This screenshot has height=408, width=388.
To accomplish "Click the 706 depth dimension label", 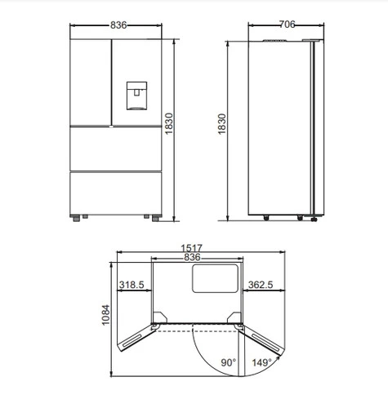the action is (x=287, y=24).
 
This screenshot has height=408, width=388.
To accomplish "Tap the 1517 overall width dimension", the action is (x=192, y=248).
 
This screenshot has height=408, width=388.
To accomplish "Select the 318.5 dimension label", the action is (x=132, y=285).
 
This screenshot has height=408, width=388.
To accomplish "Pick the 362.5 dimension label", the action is (x=261, y=285).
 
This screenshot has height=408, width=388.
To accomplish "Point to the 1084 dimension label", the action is (x=105, y=315).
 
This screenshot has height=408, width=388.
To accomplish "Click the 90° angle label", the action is (x=229, y=362).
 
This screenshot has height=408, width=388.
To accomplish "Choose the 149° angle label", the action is (x=261, y=362).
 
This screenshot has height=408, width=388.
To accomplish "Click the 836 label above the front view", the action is (x=118, y=25).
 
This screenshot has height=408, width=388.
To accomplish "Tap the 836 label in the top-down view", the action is (x=192, y=257).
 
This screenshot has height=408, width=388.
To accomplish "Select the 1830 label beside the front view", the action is (x=169, y=124).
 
